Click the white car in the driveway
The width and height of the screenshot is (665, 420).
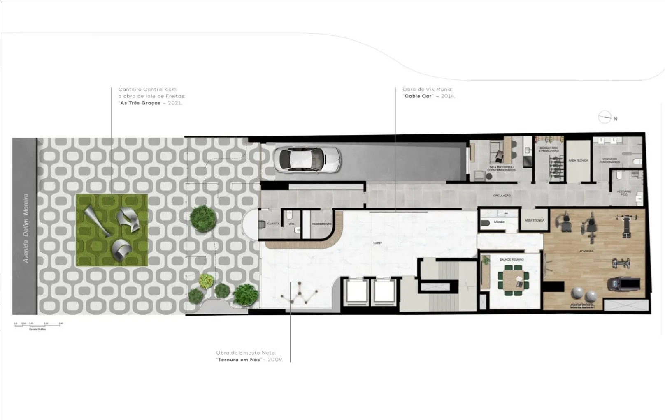[307, 159]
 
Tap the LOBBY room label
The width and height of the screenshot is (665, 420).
[377, 243]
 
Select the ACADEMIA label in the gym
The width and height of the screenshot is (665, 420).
[586, 251]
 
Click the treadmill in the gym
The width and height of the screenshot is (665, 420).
[624, 284]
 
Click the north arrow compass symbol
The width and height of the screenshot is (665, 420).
[605, 118]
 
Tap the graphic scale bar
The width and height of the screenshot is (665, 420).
[38, 325]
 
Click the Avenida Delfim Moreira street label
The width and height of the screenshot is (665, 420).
[26, 228]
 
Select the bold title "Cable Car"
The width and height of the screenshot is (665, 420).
[418, 96]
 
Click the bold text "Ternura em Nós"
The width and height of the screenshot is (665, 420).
[239, 360]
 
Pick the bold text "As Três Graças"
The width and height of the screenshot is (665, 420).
[140, 103]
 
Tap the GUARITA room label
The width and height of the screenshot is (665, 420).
[273, 224]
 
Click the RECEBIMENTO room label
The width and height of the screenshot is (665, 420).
[322, 224]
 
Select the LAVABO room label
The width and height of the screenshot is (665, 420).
[499, 222]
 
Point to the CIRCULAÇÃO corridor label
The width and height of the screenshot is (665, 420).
[502, 196]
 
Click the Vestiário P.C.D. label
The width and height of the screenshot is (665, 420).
[624, 193]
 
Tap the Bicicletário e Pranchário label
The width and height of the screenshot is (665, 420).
[549, 150]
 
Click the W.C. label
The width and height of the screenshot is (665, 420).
[291, 224]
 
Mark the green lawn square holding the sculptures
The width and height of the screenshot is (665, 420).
[112, 230]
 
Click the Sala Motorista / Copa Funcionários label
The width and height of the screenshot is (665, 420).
[501, 168]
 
